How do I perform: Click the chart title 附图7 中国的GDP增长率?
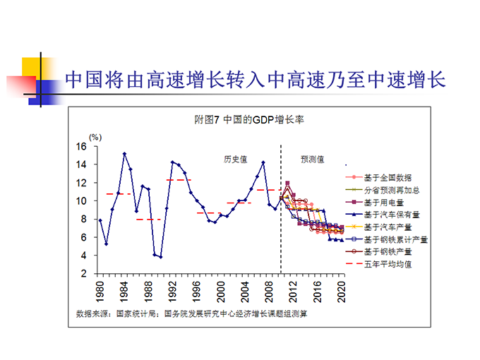pos(239,120)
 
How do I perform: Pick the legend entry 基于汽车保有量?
pos(392,215)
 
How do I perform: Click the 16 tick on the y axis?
pos(81,147)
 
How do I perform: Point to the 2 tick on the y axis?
pos(83,274)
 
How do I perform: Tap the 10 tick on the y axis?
pos(81,201)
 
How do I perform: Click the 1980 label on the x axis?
pos(100,292)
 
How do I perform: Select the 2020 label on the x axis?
pos(342,292)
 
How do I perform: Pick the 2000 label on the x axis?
pos(222,292)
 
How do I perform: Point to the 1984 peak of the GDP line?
pos(124,153)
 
